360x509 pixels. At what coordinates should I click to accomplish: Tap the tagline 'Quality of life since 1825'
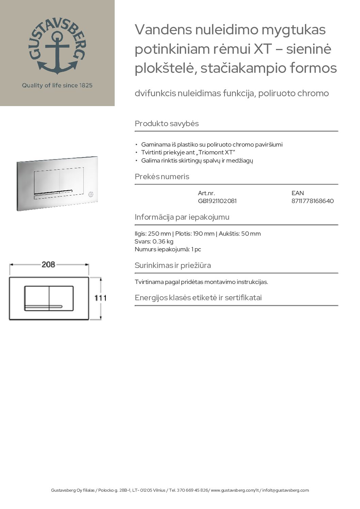tap(57, 85)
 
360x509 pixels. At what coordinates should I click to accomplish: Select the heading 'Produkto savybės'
tap(167, 123)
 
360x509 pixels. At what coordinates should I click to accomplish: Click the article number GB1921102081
tap(217, 201)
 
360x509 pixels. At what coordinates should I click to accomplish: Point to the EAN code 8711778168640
tap(312, 201)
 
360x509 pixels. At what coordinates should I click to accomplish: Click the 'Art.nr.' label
tap(206, 193)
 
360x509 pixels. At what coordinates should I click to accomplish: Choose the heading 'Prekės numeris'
tap(162, 177)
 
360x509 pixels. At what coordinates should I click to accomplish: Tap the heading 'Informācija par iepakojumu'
tap(182, 217)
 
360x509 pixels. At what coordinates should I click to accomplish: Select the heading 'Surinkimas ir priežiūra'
tap(173, 265)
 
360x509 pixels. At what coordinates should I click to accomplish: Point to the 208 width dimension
tap(48, 264)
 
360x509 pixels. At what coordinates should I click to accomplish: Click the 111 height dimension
tap(100, 298)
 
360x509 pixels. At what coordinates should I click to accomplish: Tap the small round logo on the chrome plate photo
tap(91, 194)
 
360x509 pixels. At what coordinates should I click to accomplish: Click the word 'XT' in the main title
tap(263, 49)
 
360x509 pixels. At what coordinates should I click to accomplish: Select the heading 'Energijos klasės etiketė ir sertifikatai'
tap(198, 298)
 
